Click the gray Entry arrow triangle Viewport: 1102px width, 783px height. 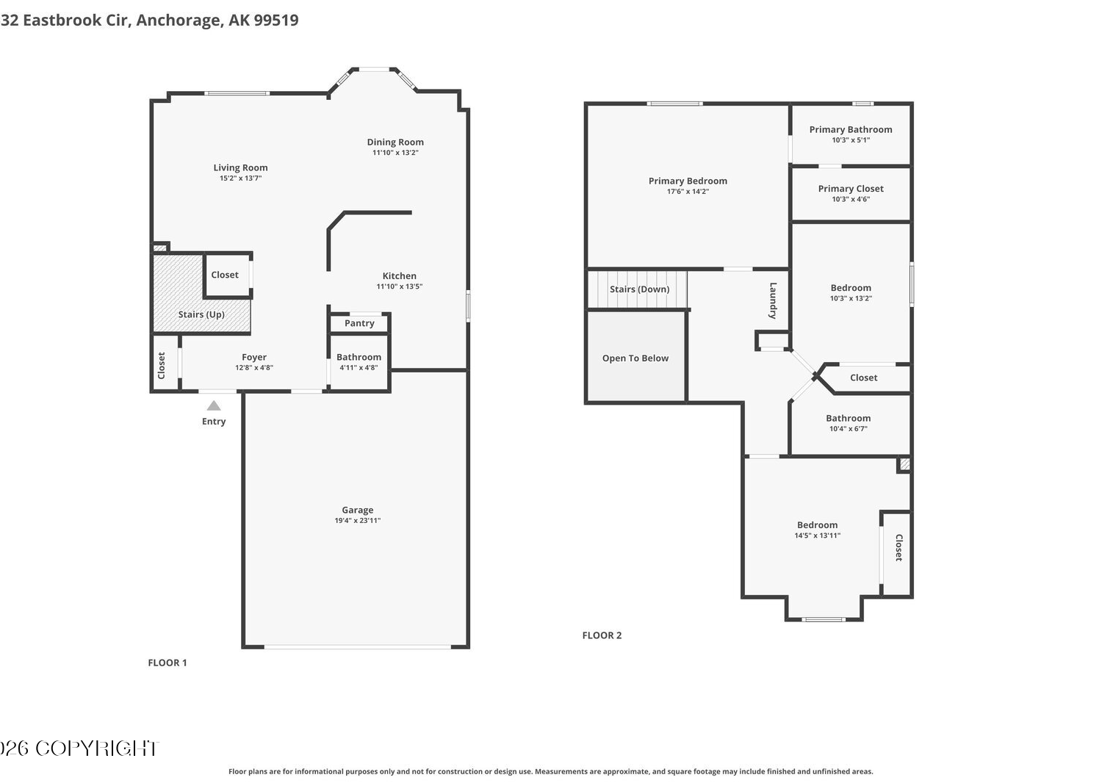[x=214, y=405]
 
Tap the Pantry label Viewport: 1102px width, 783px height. [x=359, y=323]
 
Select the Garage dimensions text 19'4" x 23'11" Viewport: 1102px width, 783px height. [x=358, y=520]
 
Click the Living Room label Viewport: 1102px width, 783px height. [x=240, y=167]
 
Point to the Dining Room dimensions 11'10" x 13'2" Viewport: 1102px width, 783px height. [x=395, y=153]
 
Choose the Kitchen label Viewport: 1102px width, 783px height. [x=400, y=276]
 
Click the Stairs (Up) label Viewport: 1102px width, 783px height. [x=201, y=314]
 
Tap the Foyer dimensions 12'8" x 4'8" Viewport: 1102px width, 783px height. [x=254, y=367]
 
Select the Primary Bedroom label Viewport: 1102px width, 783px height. [x=688, y=181]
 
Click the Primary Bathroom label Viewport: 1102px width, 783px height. [x=851, y=129]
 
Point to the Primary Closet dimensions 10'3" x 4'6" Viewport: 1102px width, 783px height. [x=851, y=199]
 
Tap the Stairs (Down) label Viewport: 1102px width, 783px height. [x=640, y=289]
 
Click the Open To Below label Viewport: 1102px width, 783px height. [x=635, y=358]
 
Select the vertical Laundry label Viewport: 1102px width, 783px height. [x=773, y=300]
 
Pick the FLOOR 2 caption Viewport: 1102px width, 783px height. [x=602, y=635]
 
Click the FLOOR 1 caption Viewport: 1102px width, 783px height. [x=168, y=663]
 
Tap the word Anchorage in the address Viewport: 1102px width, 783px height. [x=179, y=20]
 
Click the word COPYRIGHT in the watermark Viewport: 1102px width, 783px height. [x=97, y=748]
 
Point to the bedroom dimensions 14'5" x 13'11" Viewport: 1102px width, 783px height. [x=817, y=535]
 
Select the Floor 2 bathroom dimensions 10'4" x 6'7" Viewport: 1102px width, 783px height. [x=848, y=428]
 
